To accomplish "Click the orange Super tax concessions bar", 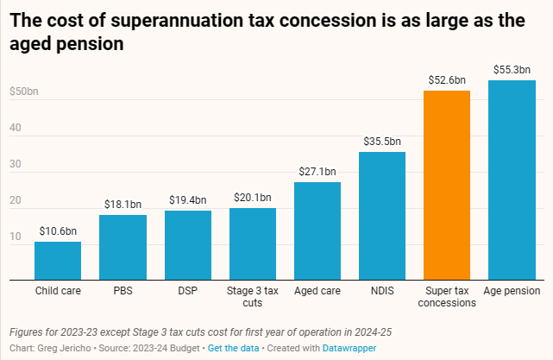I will [447, 186].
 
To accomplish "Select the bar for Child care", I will [58, 261].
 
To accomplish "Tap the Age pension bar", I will [512, 180].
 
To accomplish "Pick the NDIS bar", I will [382, 216].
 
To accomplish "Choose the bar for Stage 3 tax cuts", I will [252, 244].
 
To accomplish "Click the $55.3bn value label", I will [512, 69].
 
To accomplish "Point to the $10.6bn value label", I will [58, 231].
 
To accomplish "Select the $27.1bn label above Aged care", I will [317, 171].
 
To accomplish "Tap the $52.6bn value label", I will [447, 79].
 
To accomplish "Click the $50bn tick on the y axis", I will [24, 92].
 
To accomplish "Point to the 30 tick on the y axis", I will [15, 164].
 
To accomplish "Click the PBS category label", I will [123, 292].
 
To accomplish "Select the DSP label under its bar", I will [187, 292].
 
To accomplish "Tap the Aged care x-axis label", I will [317, 292].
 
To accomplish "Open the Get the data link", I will [233, 347].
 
